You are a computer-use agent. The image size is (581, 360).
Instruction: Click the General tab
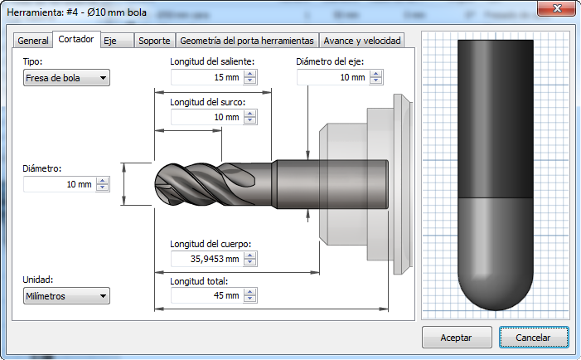point(32,41)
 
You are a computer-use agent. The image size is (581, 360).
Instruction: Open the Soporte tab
point(154,41)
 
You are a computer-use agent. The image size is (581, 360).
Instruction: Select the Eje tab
point(117,41)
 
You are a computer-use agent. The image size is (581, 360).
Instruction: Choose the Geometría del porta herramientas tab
point(247,41)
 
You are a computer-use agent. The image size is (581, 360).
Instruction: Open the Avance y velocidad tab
point(361,41)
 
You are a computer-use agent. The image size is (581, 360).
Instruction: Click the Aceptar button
point(457,338)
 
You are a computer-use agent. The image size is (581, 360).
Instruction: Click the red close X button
point(557,8)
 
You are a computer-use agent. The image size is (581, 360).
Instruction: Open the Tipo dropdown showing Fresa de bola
point(66,78)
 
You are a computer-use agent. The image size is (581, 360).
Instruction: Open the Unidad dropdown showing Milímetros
point(66,296)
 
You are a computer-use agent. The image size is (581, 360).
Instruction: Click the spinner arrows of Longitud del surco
point(250,117)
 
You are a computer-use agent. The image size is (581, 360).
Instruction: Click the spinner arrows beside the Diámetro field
point(102,184)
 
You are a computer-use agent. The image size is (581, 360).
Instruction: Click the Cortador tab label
point(76,39)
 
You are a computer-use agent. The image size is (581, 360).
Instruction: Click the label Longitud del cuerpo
point(211,244)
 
